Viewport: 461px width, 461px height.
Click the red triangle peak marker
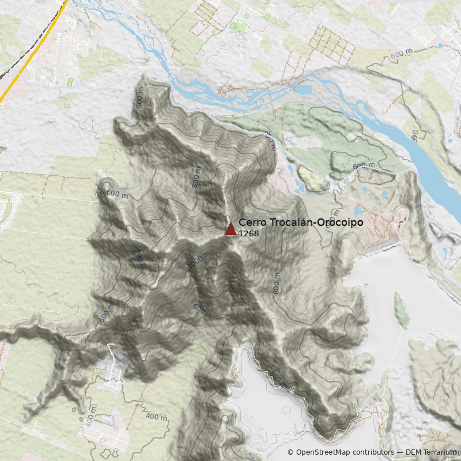coord(231,229)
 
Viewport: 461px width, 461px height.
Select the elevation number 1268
coord(248,233)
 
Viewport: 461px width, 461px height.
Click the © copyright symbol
coord(290,452)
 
